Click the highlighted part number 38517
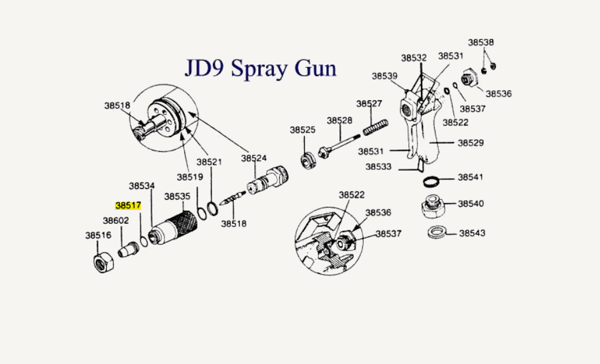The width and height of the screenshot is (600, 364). [x=128, y=206]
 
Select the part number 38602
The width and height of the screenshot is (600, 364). [x=116, y=221]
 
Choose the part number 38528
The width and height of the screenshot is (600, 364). [x=340, y=120]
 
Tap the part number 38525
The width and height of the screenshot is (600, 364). [x=303, y=129]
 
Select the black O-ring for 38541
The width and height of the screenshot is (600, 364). [x=432, y=182]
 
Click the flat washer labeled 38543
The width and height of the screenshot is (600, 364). [x=436, y=231]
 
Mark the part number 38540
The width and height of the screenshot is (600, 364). [x=471, y=204]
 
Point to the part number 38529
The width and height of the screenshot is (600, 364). [x=471, y=143]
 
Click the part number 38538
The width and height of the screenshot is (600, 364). [x=481, y=42]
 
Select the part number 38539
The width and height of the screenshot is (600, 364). [x=385, y=76]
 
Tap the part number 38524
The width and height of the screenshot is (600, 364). [x=254, y=158]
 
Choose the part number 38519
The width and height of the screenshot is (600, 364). [x=190, y=177]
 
